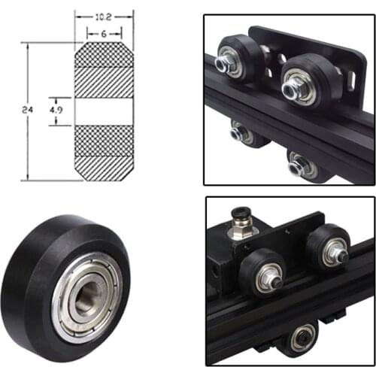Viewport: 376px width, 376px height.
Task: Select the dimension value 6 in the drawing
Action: click(x=103, y=34)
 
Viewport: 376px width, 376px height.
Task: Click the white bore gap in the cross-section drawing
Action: click(x=104, y=110)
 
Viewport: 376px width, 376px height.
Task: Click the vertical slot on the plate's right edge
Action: click(x=348, y=72)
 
